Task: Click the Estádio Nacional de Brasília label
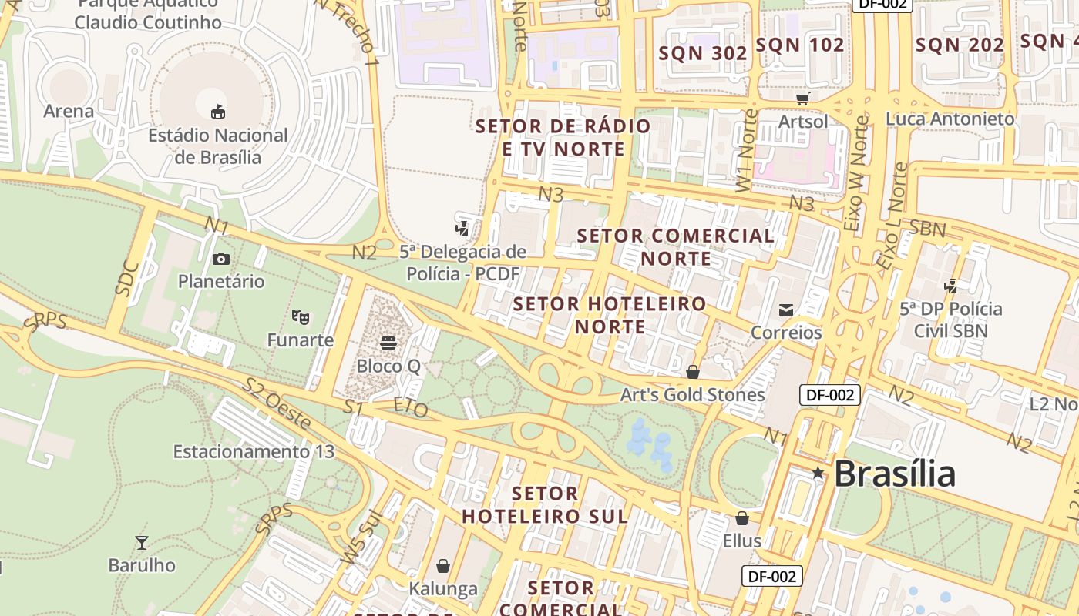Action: pyautogui.click(x=217, y=146)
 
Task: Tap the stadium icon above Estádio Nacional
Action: pyautogui.click(x=218, y=112)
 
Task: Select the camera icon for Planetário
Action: pyautogui.click(x=221, y=259)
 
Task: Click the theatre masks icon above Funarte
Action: pyautogui.click(x=301, y=316)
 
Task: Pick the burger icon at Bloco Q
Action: pyautogui.click(x=388, y=343)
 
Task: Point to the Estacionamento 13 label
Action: pyautogui.click(x=254, y=451)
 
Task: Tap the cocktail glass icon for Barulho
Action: pyautogui.click(x=142, y=543)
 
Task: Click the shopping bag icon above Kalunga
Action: pyautogui.click(x=443, y=567)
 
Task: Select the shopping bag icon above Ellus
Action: pyautogui.click(x=742, y=518)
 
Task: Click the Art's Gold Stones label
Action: pyautogui.click(x=692, y=395)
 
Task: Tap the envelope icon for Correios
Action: pyautogui.click(x=786, y=310)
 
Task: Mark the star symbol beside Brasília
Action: pyautogui.click(x=818, y=474)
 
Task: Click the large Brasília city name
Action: pyautogui.click(x=894, y=473)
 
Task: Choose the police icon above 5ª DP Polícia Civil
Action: pyautogui.click(x=951, y=286)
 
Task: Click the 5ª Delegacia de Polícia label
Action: pyautogui.click(x=462, y=263)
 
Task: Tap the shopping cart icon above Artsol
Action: pyautogui.click(x=803, y=99)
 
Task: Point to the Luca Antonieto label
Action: pyautogui.click(x=950, y=119)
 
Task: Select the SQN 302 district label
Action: pyautogui.click(x=703, y=53)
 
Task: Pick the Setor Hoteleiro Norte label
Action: pyautogui.click(x=610, y=315)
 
